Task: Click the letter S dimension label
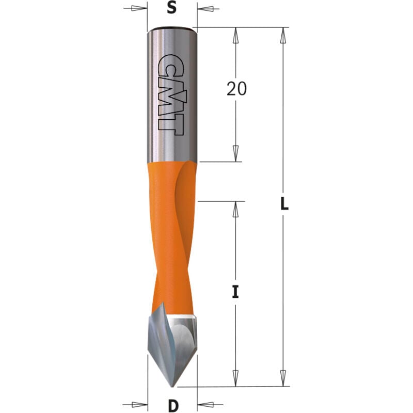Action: click(172, 8)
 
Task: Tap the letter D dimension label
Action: click(173, 406)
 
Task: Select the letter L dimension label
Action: click(284, 203)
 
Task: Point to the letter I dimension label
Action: click(235, 292)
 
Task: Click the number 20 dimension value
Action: click(236, 89)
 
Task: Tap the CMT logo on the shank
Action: click(171, 94)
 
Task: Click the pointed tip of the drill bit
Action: click(172, 387)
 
